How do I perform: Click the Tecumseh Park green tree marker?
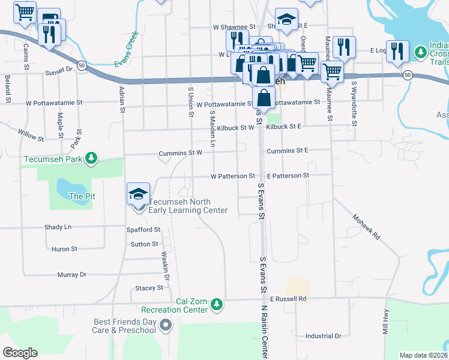91,158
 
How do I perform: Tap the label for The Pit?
82,196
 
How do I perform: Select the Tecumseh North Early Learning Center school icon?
139,194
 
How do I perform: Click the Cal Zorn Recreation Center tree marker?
217,305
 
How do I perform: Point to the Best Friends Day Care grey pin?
166,326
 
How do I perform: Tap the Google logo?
20,353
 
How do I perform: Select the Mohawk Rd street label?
366,227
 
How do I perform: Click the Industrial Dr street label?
323,337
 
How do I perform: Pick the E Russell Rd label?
288,298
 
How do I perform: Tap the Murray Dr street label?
72,275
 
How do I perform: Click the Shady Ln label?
58,227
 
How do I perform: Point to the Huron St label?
64,249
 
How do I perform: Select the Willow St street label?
31,135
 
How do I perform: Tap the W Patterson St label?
233,176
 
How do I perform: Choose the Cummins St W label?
180,154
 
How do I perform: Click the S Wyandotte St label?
355,104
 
